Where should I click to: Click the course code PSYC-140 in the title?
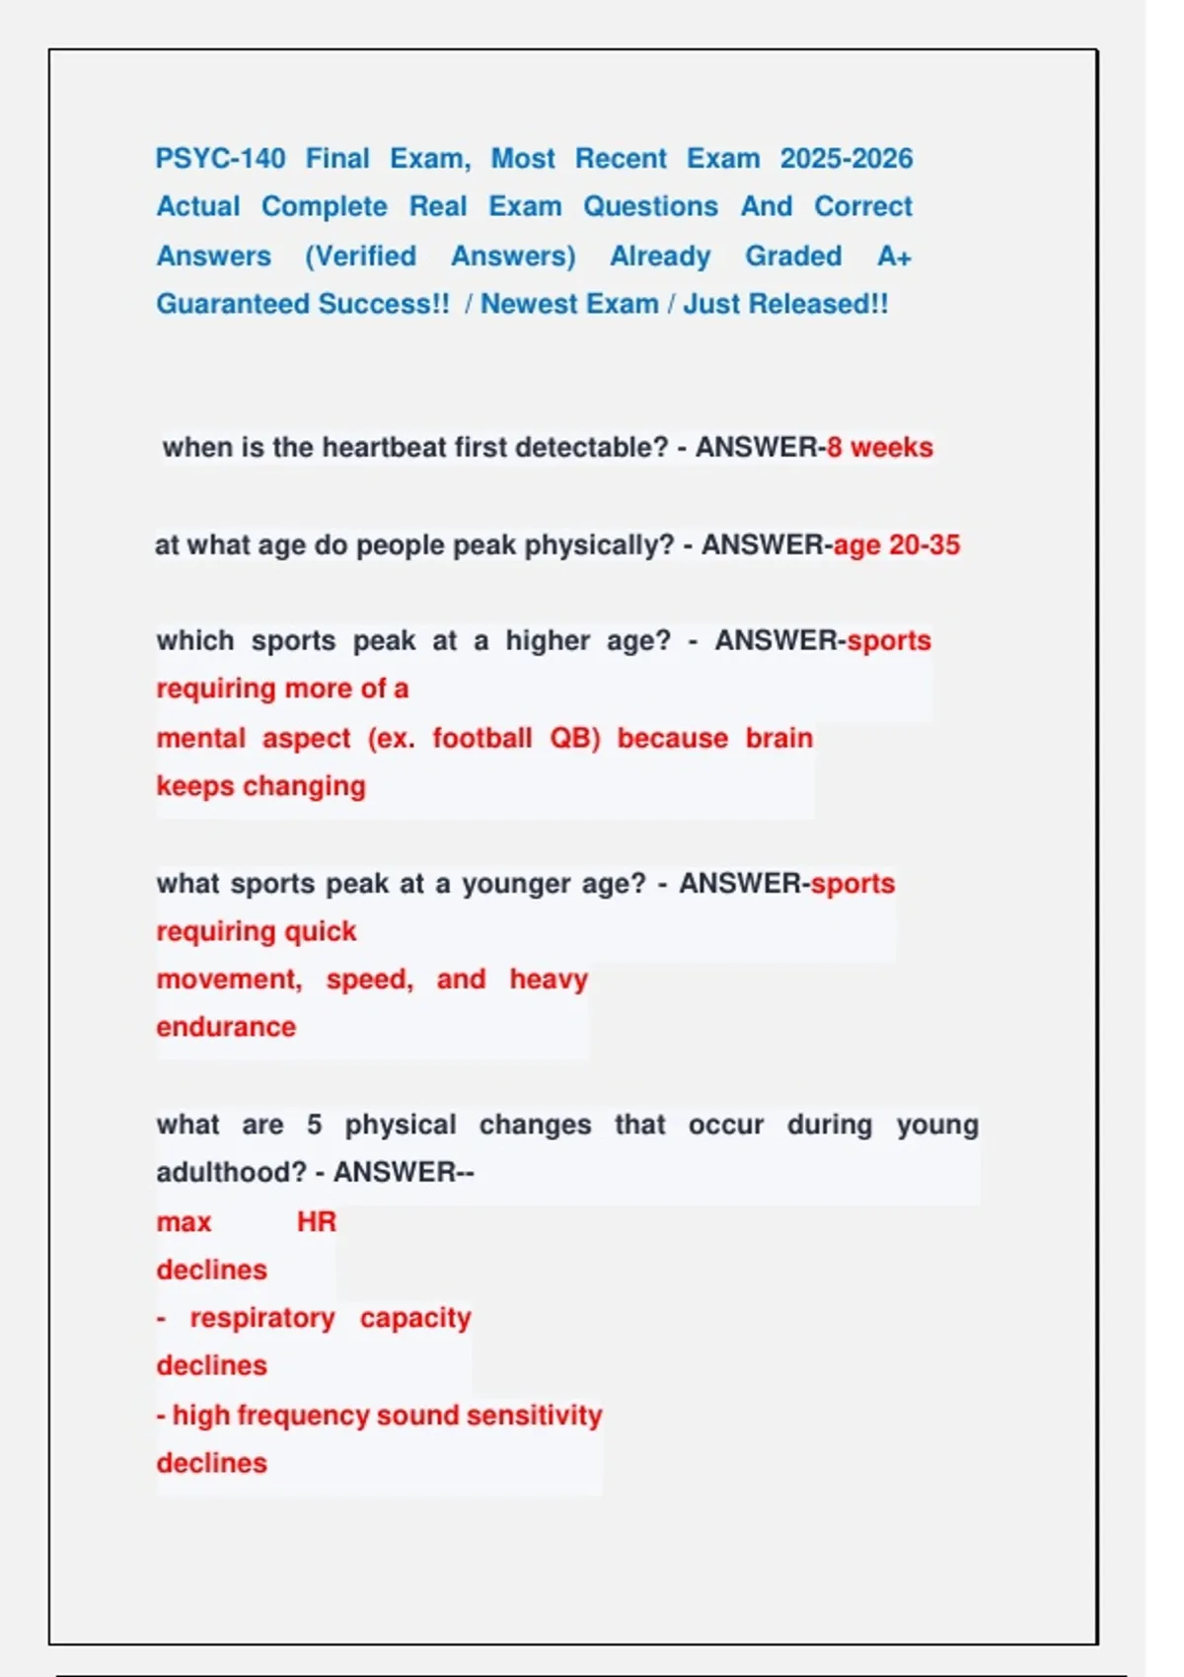click(220, 158)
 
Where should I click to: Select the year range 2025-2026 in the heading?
click(846, 158)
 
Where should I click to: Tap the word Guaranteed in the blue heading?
click(233, 304)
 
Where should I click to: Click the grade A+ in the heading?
click(894, 255)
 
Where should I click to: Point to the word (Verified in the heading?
click(360, 255)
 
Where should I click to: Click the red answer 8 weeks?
click(879, 447)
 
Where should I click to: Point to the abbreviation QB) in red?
click(575, 738)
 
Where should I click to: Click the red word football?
click(481, 738)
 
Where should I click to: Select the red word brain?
click(778, 738)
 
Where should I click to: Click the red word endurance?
click(226, 1027)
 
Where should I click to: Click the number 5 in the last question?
click(314, 1125)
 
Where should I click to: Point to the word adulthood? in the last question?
click(231, 1172)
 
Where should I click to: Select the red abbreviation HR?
click(317, 1221)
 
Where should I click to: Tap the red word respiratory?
click(262, 1318)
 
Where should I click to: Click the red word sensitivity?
click(534, 1415)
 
